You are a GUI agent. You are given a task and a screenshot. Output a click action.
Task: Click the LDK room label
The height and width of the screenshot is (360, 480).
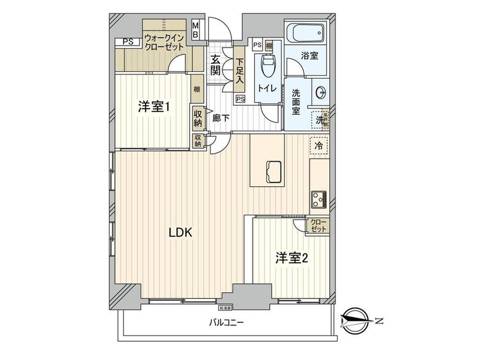tap(181, 234)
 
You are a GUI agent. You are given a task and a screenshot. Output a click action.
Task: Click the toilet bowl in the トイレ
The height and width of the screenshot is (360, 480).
tap(268, 66)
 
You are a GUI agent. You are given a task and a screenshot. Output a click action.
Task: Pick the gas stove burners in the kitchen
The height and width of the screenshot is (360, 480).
tap(318, 199)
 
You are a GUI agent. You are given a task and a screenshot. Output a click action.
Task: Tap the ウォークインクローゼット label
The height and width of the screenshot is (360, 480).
tap(164, 42)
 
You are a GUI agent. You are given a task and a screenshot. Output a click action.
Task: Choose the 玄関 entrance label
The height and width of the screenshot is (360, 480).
tap(215, 66)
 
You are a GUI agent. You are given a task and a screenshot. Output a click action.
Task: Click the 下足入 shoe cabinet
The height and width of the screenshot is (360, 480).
tap(239, 72)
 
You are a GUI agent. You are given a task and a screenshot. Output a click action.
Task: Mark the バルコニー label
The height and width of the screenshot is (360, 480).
tap(227, 322)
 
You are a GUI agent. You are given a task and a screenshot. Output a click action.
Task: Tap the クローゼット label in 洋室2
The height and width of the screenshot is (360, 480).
tap(318, 226)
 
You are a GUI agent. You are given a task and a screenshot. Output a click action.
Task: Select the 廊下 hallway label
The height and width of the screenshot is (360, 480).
tap(221, 118)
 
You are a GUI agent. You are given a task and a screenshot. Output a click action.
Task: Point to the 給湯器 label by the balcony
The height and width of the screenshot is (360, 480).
tap(225, 308)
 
